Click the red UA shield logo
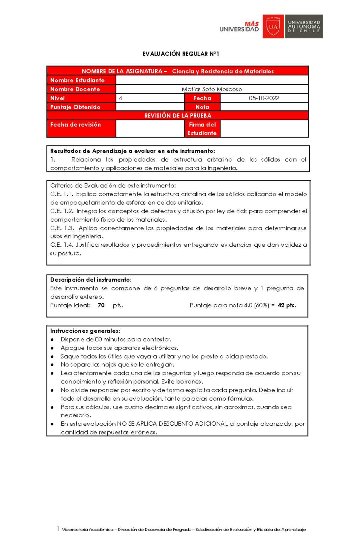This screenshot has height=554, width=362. tap(273, 27)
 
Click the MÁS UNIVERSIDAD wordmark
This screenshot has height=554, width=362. tap(239, 27)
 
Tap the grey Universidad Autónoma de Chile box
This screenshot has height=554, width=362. tap(304, 27)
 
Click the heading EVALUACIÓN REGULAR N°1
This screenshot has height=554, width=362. tap(181, 54)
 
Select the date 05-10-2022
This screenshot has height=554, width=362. tap(264, 98)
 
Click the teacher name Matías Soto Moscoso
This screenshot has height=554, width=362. tap(212, 89)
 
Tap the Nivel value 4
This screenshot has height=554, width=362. tap(120, 98)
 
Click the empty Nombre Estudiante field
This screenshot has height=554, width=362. tap(212, 80)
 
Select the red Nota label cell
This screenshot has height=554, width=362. tap(202, 107)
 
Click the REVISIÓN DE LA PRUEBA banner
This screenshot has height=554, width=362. tap(178, 116)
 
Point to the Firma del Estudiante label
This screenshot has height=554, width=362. tap(202, 129)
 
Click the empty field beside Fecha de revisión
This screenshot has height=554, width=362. tap(150, 129)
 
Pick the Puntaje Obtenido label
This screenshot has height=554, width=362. tap(75, 107)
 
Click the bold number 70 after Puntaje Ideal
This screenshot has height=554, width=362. tap(101, 305)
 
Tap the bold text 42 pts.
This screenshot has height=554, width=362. tap(287, 305)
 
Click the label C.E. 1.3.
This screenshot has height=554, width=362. tap(62, 228)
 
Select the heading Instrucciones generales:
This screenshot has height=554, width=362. tap(85, 331)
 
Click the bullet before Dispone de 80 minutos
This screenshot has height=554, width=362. tap(52, 340)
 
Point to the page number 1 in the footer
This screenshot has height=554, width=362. tap(58, 529)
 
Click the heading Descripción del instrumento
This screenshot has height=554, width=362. tap(90, 280)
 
